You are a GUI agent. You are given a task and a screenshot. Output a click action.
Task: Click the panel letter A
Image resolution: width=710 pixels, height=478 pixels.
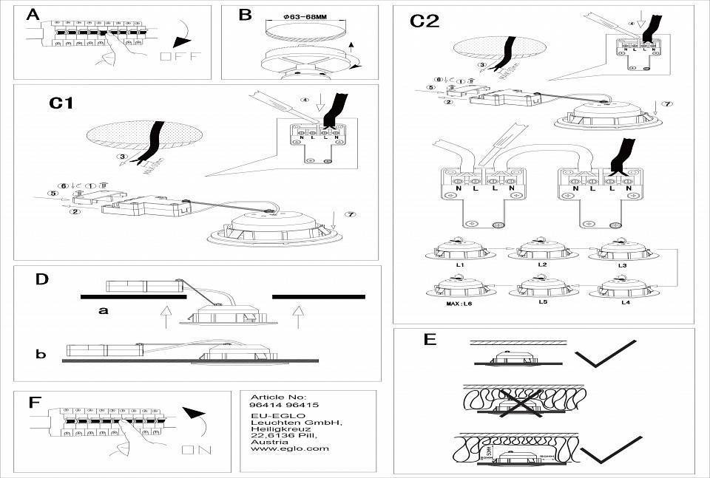click(32, 16)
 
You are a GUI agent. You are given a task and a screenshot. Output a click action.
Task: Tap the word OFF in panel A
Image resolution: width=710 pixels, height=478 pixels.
click(180, 57)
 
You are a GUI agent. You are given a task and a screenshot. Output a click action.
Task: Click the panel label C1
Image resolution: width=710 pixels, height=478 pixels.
click(61, 103)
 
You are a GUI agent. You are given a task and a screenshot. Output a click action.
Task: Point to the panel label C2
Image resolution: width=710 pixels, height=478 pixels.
click(425, 21)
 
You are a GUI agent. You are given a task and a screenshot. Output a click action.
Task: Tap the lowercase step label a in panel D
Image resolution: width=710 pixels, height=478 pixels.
click(104, 311)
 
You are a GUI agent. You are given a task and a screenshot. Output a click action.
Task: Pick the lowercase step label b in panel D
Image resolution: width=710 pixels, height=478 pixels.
click(40, 355)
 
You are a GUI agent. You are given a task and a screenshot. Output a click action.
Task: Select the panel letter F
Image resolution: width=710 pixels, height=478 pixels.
click(33, 402)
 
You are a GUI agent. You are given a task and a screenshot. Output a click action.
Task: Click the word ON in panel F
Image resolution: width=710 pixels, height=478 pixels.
click(196, 449)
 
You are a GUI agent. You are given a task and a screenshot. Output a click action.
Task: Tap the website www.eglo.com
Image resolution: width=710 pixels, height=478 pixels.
click(279, 448)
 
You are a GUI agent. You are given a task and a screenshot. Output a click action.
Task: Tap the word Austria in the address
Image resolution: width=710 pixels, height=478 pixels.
click(266, 440)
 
